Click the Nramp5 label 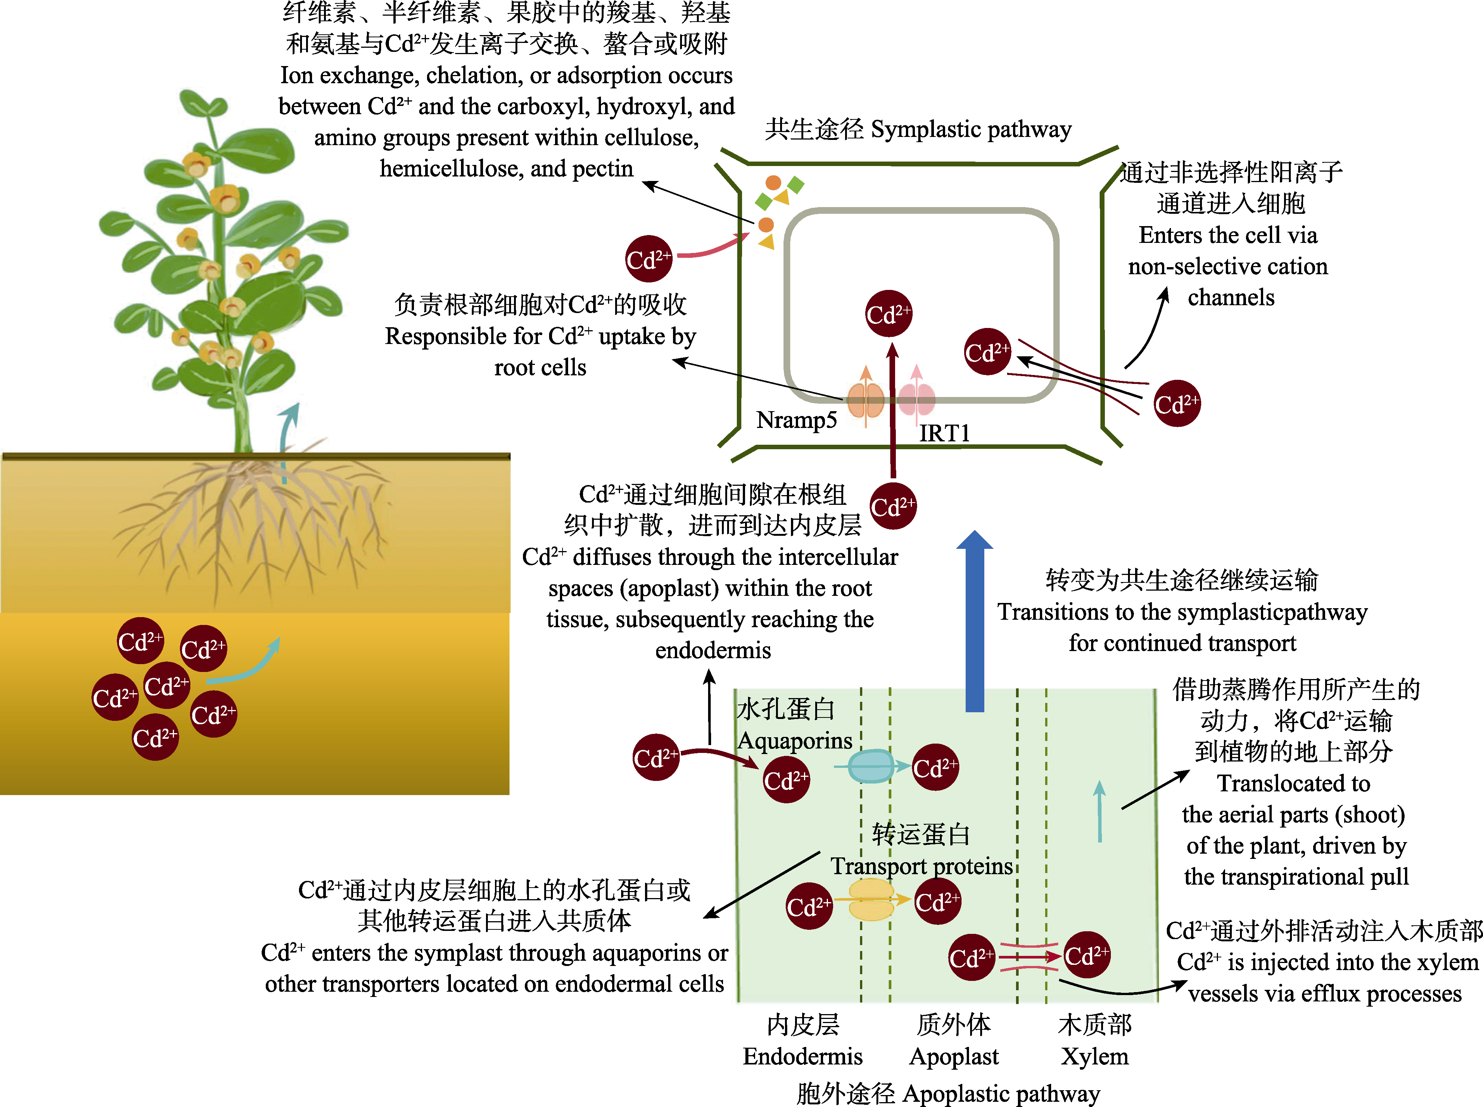coord(797,420)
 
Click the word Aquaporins coord(795,741)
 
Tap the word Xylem coord(1095,1057)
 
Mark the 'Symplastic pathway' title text coord(971,129)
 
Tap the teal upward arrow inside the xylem coord(1100,811)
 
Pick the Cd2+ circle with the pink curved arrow coord(648,259)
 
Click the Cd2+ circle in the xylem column coord(1087,955)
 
